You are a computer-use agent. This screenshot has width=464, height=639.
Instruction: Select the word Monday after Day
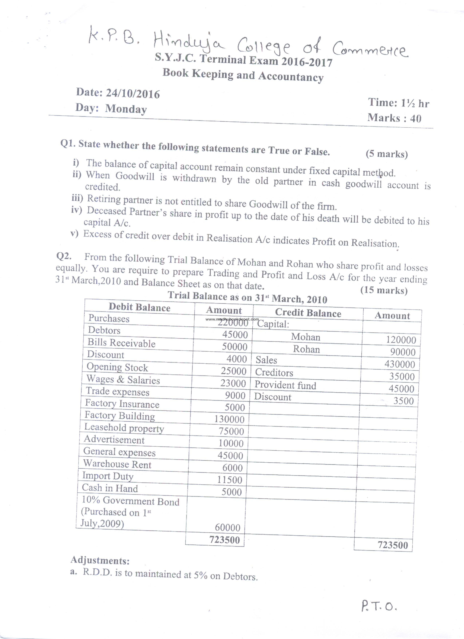click(x=126, y=109)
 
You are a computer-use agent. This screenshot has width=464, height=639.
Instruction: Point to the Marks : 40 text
click(x=394, y=118)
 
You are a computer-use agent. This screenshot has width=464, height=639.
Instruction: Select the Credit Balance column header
click(x=308, y=313)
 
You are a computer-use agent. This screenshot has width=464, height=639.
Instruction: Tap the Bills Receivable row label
click(x=121, y=343)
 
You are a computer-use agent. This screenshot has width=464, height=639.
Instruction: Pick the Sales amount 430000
click(x=400, y=364)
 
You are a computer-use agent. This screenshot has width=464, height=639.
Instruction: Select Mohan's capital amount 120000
click(x=401, y=340)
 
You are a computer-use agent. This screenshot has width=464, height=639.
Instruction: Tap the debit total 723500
click(x=224, y=540)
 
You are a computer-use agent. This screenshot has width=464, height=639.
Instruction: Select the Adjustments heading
click(x=100, y=560)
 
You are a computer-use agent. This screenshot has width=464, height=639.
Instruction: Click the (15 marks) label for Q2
click(x=384, y=290)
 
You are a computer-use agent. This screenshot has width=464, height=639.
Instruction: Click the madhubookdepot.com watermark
click(x=232, y=319)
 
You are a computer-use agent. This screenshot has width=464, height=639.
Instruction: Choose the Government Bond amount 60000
click(x=227, y=527)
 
